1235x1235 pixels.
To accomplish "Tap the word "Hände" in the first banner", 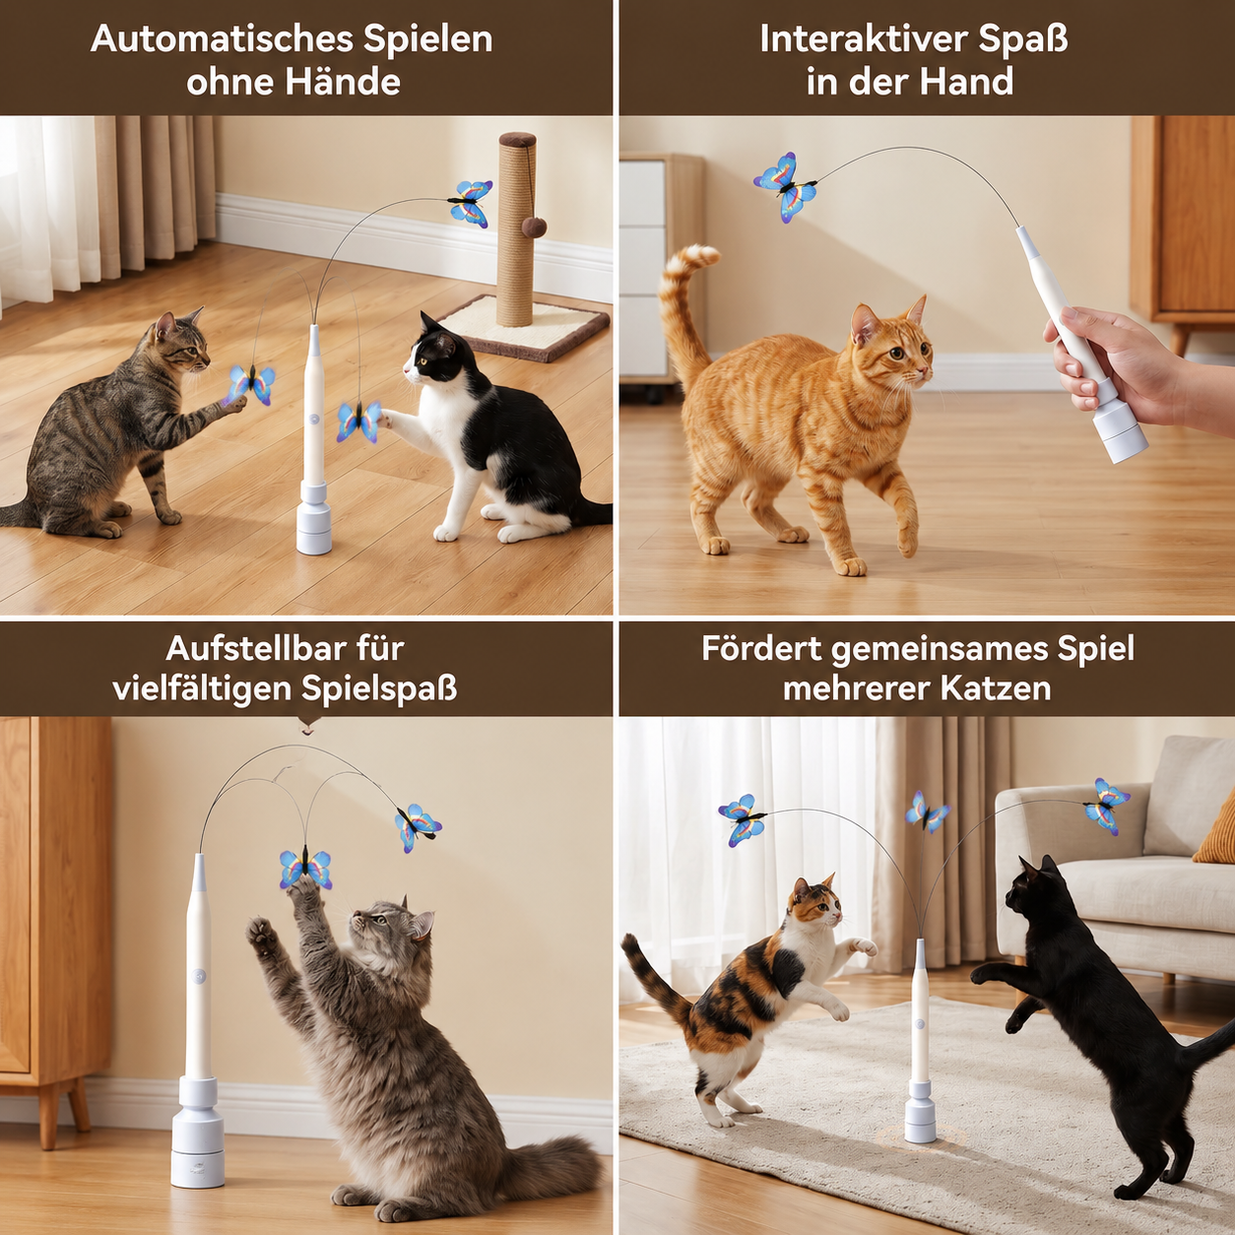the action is tap(347, 82).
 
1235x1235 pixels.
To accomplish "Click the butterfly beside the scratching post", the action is tap(471, 203).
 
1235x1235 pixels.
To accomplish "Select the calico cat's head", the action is tap(813, 905).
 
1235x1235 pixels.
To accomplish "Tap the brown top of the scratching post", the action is tap(518, 140).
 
